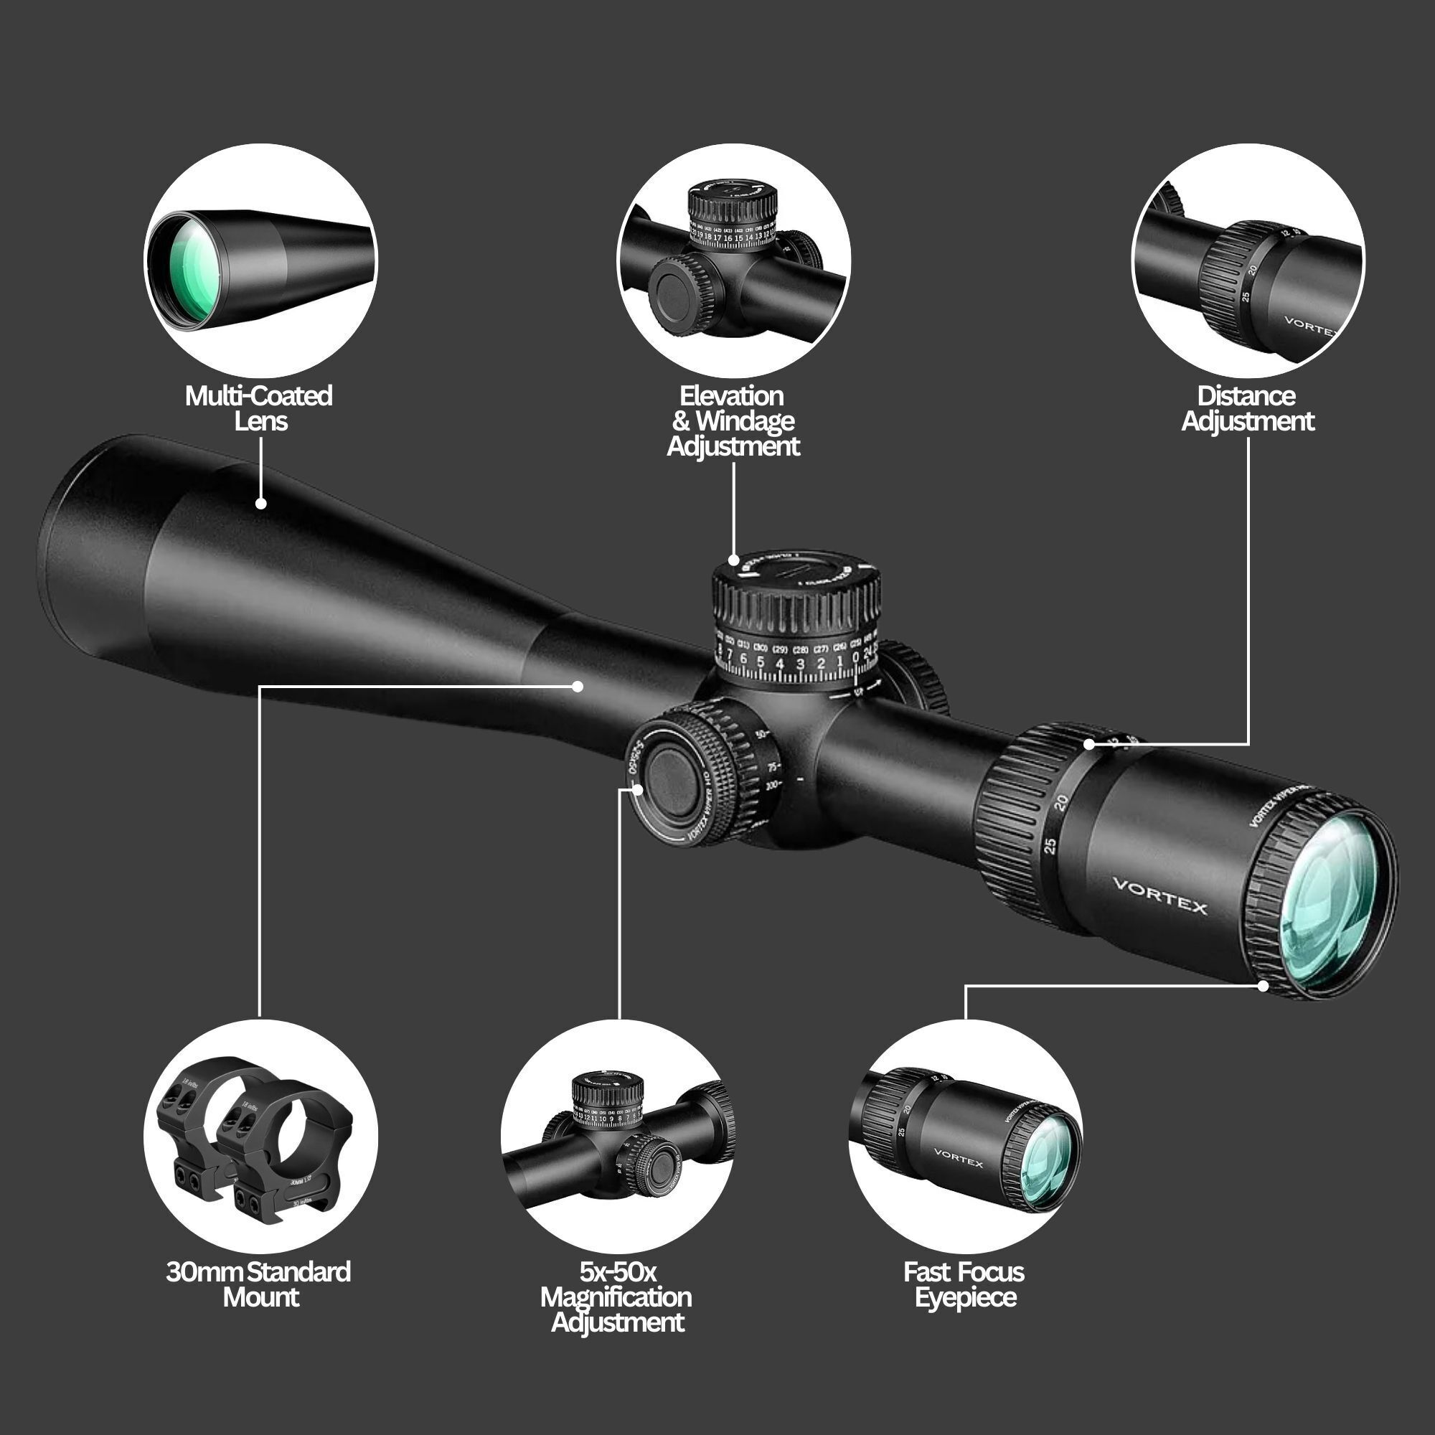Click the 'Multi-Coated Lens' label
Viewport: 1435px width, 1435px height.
coord(258,408)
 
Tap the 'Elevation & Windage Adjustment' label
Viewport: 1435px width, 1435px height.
coord(733,420)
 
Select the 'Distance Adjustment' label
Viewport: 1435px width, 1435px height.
coord(1247,408)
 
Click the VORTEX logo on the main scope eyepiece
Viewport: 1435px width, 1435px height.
coord(1159,895)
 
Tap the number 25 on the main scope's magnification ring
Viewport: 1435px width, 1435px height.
coord(1050,845)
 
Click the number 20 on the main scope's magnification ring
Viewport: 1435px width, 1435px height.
coord(1060,802)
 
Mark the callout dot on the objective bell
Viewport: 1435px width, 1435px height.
coord(260,504)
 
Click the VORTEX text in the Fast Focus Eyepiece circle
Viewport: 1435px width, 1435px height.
coord(958,1158)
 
